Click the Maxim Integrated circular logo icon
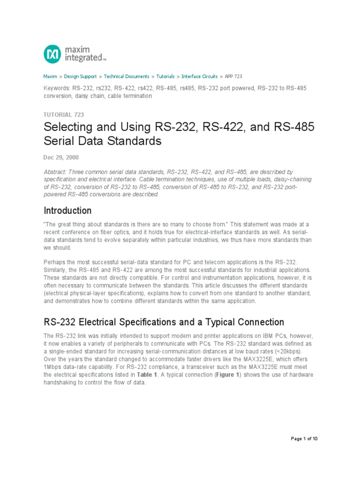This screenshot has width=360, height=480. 52,54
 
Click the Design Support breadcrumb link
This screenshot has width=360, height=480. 80,76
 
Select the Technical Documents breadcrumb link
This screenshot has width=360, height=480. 127,76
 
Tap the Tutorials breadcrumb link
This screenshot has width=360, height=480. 165,76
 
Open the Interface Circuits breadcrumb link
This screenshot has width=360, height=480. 199,76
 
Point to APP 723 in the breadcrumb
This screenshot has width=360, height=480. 233,76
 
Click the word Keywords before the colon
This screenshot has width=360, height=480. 56,88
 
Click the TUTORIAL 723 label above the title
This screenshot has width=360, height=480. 63,114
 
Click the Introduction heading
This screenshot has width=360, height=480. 67,210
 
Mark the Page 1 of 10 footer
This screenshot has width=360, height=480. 304,439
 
